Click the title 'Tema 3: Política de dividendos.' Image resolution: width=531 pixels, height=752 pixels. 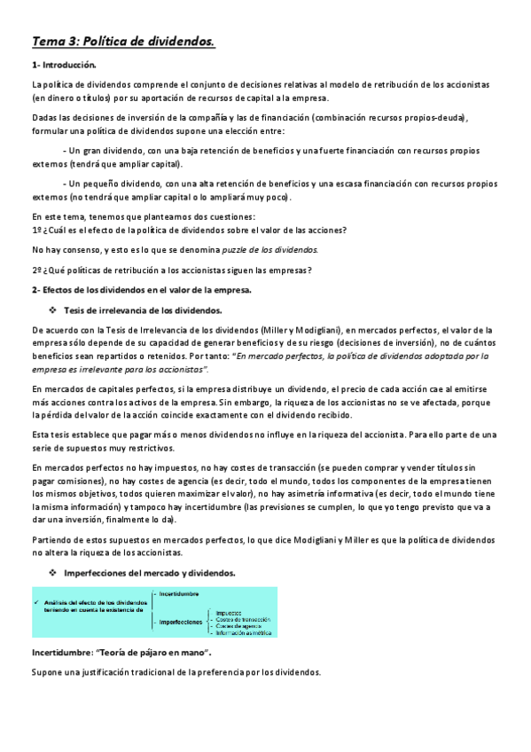(124, 41)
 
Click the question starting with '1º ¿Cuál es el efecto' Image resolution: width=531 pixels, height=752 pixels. (189, 230)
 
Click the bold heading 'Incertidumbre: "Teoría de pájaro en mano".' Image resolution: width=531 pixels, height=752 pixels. (120, 652)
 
